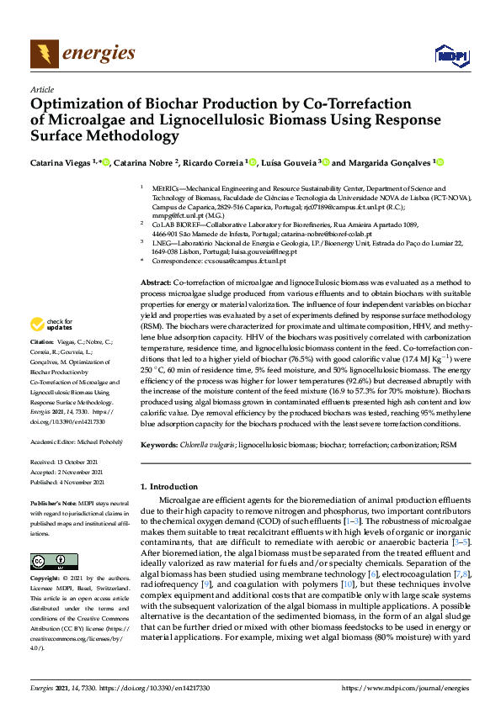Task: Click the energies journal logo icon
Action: pyautogui.click(x=44, y=54)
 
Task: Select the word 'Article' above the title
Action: pyautogui.click(x=41, y=90)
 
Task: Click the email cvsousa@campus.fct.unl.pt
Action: pyautogui.click(x=238, y=262)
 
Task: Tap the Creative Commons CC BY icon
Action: pyautogui.click(x=48, y=562)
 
